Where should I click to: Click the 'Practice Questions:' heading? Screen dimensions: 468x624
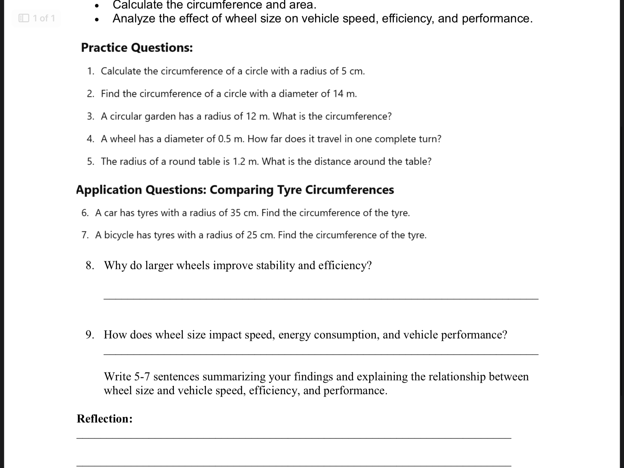click(137, 48)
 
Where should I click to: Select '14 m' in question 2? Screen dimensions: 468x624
click(344, 94)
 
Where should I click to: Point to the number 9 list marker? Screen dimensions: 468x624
click(89, 335)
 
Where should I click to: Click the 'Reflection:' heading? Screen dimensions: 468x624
click(105, 419)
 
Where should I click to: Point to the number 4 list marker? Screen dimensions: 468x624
click(90, 139)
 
